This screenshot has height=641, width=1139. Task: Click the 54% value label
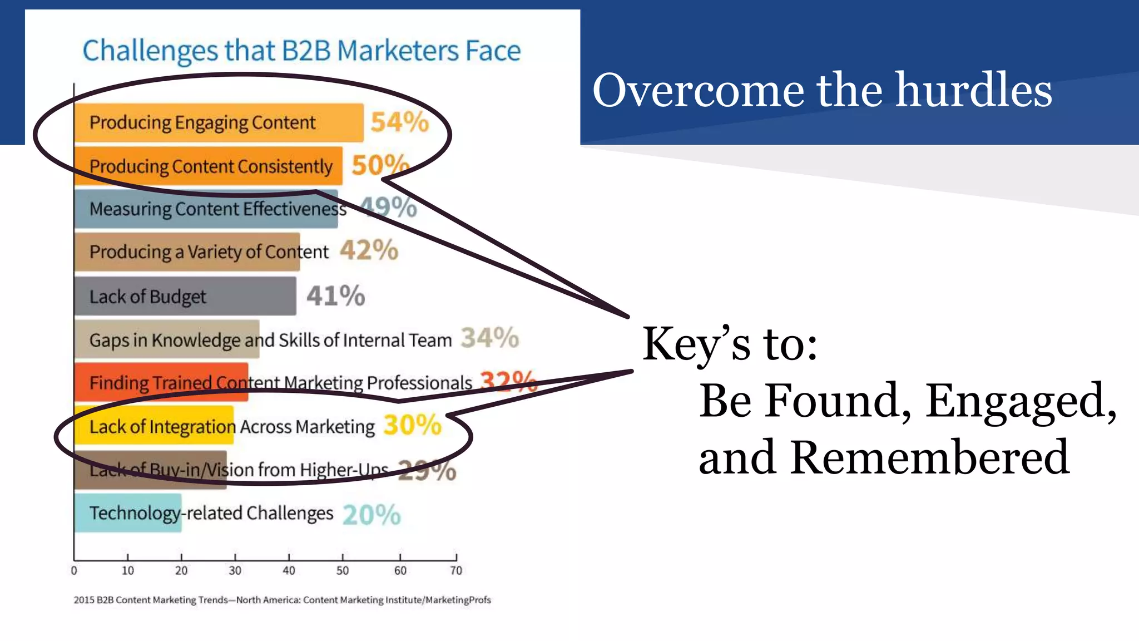(399, 122)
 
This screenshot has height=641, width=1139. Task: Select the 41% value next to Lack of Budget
(335, 295)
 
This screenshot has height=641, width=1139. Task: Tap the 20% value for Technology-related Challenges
(372, 515)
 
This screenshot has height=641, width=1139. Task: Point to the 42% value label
(369, 250)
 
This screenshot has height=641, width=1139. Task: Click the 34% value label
(489, 338)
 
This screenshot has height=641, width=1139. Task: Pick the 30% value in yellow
(412, 425)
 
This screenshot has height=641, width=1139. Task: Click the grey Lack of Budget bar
(185, 297)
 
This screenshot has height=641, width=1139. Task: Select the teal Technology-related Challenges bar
(128, 513)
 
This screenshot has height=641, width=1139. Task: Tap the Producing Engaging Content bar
(219, 122)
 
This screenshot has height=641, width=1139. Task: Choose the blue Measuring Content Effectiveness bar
(206, 209)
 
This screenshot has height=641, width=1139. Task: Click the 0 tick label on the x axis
(74, 570)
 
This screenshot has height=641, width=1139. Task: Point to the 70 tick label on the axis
(456, 570)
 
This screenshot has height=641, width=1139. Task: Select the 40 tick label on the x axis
(289, 570)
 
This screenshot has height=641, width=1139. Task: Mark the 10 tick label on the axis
(128, 570)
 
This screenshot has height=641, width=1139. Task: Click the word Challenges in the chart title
(150, 51)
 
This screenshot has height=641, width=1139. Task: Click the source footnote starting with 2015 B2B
(282, 600)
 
